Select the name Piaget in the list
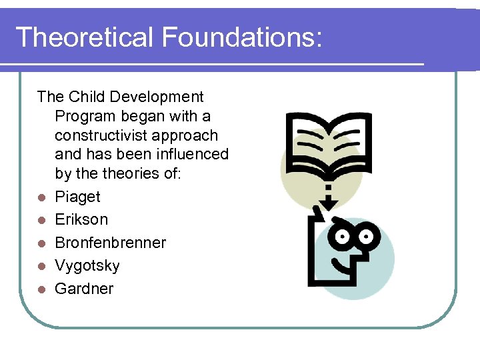(x=77, y=197)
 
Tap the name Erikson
(x=81, y=219)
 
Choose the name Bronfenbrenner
(x=111, y=243)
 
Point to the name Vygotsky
(x=87, y=265)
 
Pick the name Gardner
(x=84, y=289)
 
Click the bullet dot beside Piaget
(x=41, y=197)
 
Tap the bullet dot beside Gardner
(x=41, y=289)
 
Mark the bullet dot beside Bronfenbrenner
(x=41, y=243)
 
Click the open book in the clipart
(x=326, y=139)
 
